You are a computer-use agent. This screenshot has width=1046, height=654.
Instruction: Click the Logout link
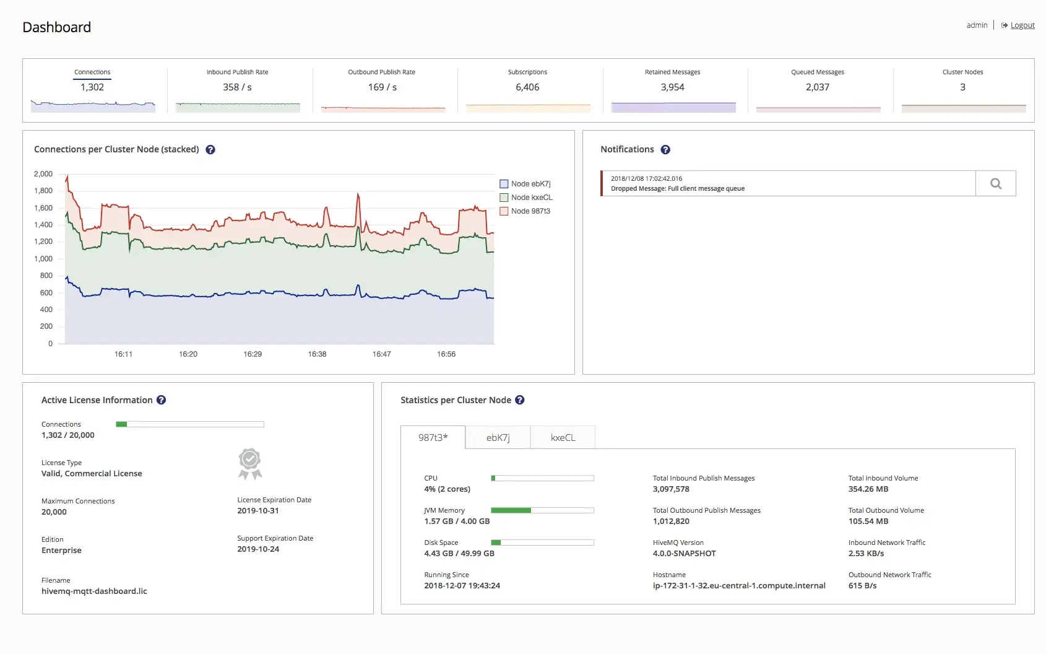pyautogui.click(x=1022, y=25)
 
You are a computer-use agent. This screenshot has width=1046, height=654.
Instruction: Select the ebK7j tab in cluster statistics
pyautogui.click(x=498, y=437)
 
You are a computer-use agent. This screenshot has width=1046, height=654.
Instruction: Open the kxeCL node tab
pyautogui.click(x=563, y=437)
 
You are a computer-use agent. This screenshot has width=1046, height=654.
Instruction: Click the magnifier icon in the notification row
pyautogui.click(x=996, y=183)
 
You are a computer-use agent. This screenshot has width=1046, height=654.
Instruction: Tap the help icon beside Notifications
pyautogui.click(x=665, y=149)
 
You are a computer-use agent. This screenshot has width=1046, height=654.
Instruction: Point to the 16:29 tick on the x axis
pyautogui.click(x=253, y=354)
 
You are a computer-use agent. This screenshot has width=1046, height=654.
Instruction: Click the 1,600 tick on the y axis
pyautogui.click(x=43, y=208)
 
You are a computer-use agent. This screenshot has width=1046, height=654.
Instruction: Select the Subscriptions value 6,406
pyautogui.click(x=527, y=87)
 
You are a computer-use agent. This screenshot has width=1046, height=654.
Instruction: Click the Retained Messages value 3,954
pyautogui.click(x=672, y=87)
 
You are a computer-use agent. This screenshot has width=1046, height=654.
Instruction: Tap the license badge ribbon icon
pyautogui.click(x=250, y=464)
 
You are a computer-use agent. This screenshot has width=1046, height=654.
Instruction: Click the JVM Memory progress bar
pyautogui.click(x=543, y=510)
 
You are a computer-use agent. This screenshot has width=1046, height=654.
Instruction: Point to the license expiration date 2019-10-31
pyautogui.click(x=257, y=510)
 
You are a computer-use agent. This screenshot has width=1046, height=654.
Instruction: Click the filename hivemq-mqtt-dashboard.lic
pyautogui.click(x=94, y=591)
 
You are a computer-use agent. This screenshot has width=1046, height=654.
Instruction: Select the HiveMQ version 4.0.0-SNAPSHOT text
pyautogui.click(x=684, y=553)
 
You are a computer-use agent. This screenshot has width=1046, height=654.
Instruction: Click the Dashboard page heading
pyautogui.click(x=56, y=27)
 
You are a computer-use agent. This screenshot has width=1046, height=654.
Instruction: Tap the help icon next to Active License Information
pyautogui.click(x=161, y=400)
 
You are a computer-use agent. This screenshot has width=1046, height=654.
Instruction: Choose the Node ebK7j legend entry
pyautogui.click(x=525, y=183)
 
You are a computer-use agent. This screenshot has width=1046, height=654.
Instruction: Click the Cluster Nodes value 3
pyautogui.click(x=962, y=87)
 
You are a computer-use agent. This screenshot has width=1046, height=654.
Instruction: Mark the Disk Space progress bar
pyautogui.click(x=543, y=543)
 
